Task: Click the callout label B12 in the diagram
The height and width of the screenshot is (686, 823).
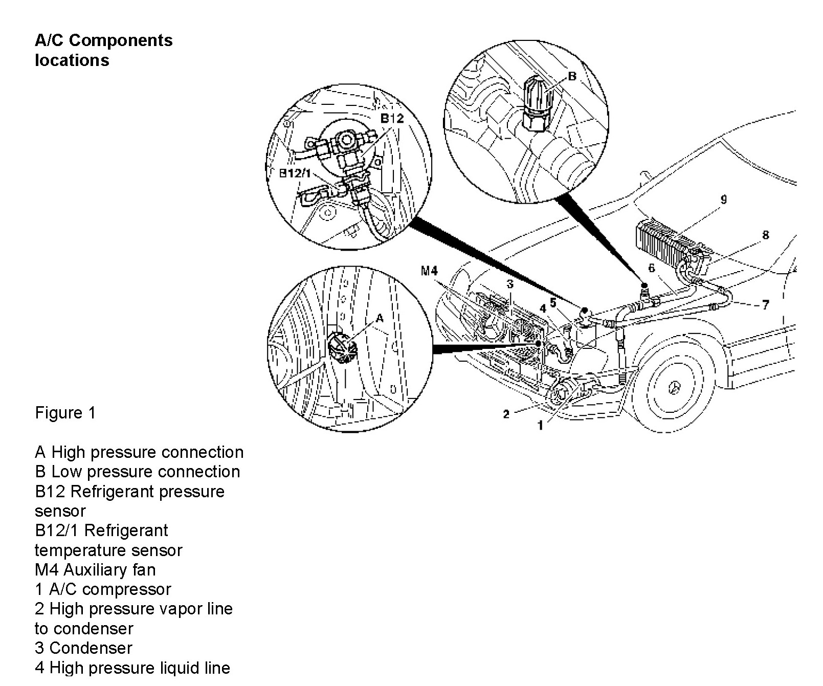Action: click(392, 119)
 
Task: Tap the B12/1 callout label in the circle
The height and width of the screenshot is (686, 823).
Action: click(295, 173)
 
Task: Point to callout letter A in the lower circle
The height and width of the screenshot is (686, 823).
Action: click(380, 318)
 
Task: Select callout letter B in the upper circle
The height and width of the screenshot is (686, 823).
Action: click(572, 76)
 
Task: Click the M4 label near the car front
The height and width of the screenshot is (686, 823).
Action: click(430, 271)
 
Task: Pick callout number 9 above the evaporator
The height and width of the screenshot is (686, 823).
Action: click(723, 200)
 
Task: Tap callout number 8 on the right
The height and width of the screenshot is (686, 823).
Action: click(765, 235)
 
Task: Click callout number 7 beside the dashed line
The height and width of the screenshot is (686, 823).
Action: click(765, 305)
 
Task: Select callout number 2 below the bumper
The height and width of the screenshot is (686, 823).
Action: click(506, 414)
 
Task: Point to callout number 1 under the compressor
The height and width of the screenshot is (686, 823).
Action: click(540, 425)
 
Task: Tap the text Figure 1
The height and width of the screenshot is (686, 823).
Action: click(65, 413)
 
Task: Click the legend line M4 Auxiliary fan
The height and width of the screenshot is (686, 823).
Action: click(95, 569)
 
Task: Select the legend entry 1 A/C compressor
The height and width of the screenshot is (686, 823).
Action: click(103, 589)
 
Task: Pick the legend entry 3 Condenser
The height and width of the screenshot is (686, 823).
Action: click(83, 648)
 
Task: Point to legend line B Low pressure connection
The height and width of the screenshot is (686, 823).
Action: click(137, 471)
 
